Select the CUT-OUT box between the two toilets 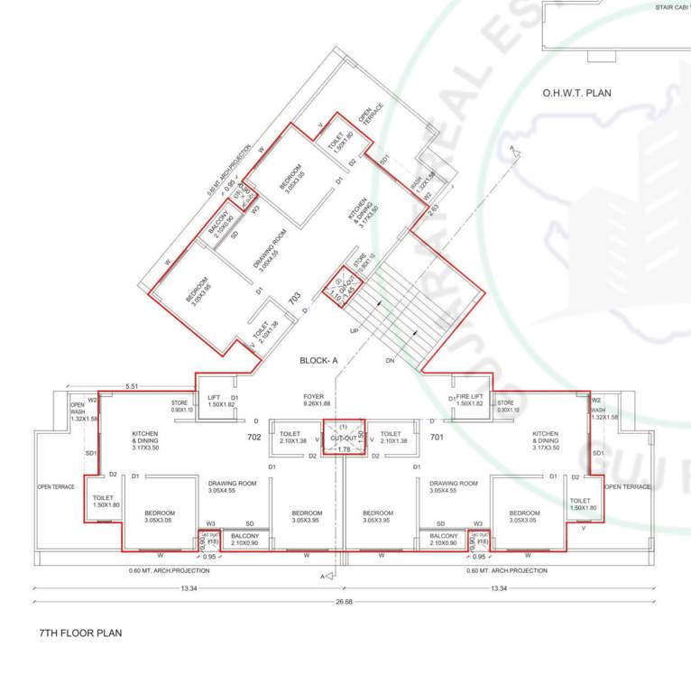click(x=343, y=436)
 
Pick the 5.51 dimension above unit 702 click(x=132, y=385)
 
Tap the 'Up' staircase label click(x=354, y=331)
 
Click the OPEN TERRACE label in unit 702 click(x=56, y=487)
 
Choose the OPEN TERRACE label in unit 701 click(x=627, y=487)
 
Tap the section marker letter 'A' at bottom click(x=322, y=576)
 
